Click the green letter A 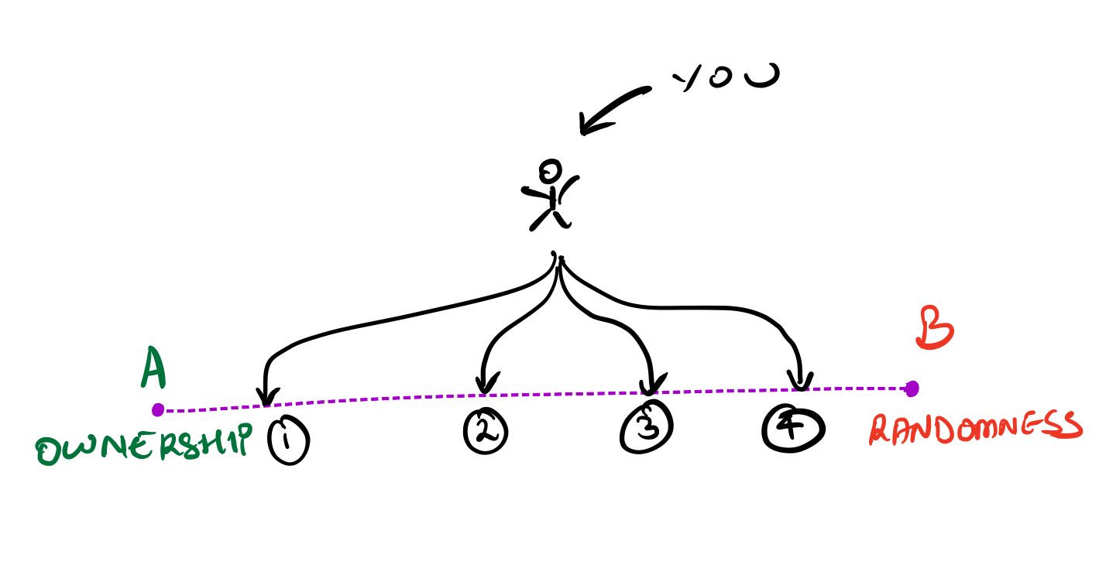tap(153, 367)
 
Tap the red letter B tap(935, 328)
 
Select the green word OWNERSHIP tap(144, 443)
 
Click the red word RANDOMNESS tap(975, 428)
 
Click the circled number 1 tap(288, 440)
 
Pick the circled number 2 tap(486, 431)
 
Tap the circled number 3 tap(646, 426)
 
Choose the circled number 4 tap(793, 428)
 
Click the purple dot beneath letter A tap(158, 410)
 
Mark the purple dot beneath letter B tap(912, 388)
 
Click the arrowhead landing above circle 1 tap(267, 396)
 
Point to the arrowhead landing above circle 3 tap(651, 384)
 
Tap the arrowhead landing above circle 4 tap(800, 381)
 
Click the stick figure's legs tap(551, 220)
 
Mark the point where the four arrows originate tap(558, 256)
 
